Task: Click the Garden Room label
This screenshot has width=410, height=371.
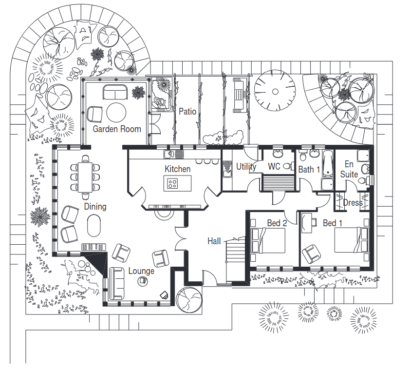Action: coord(117,129)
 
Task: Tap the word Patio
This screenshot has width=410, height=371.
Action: coord(187,112)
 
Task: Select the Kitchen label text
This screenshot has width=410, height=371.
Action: coord(178,169)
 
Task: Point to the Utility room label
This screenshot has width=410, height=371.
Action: coord(246,167)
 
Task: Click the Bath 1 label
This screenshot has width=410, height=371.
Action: coord(309,170)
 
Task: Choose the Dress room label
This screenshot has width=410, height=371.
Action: coord(353,202)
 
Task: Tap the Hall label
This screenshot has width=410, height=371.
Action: coord(214,241)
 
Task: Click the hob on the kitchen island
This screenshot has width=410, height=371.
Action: coord(172,183)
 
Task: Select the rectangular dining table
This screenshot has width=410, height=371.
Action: coord(85,177)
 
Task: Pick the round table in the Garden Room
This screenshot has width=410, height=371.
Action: coord(116,113)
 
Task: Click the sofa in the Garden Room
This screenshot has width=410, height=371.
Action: coord(115,92)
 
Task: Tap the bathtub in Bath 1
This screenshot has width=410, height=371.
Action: coord(327,164)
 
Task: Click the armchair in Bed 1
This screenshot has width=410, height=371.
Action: coord(311,254)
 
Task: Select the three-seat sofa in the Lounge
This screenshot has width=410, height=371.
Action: coord(116,284)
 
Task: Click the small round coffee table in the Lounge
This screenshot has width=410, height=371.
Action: coord(143,281)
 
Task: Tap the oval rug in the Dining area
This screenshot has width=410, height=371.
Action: coord(94,226)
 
